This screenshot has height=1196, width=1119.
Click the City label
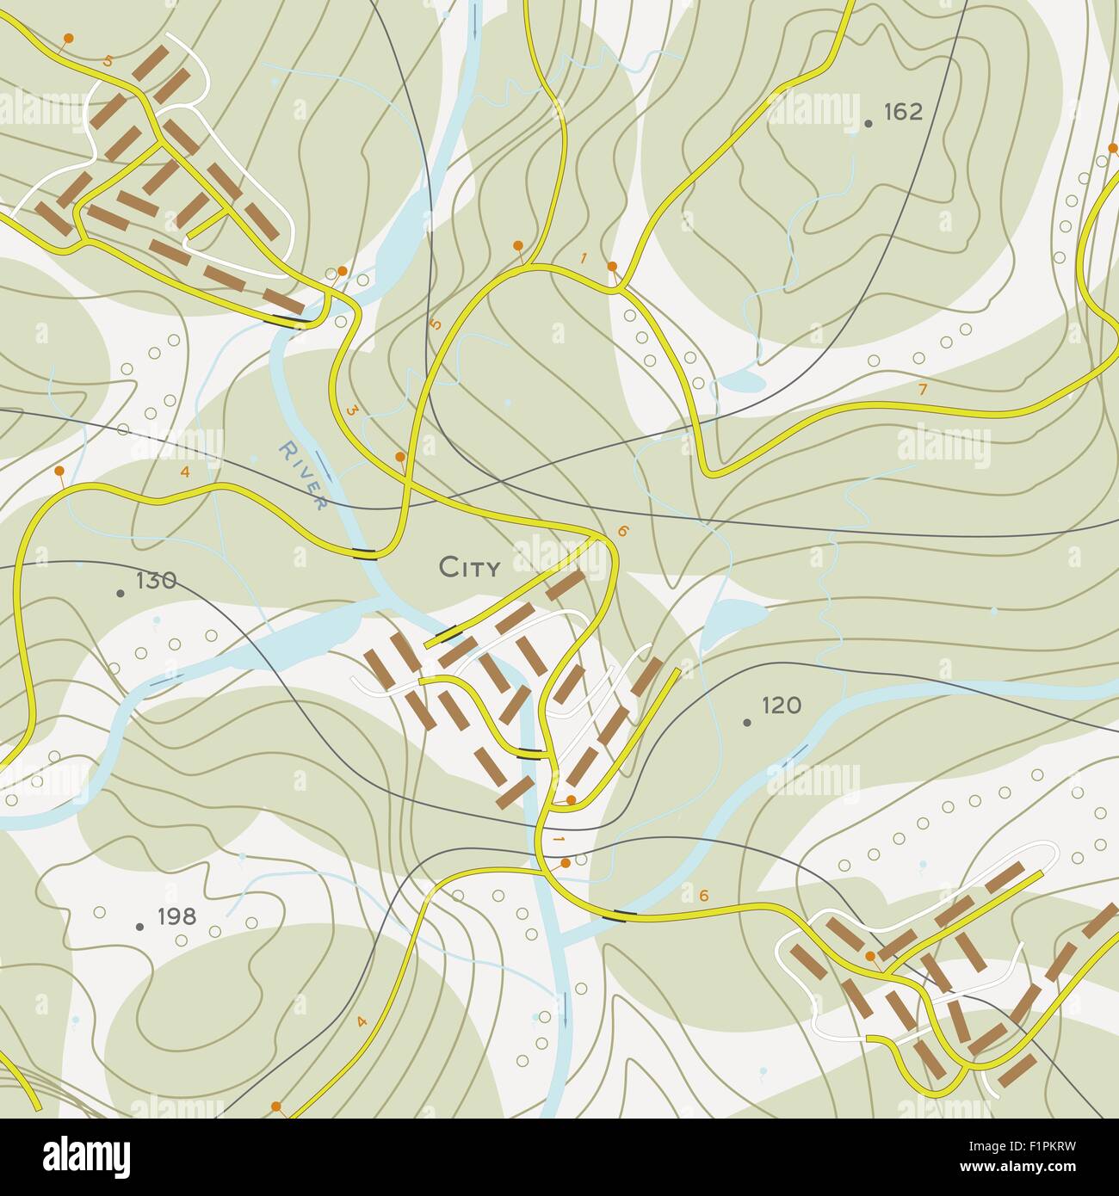tap(469, 568)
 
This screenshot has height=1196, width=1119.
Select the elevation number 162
tap(902, 112)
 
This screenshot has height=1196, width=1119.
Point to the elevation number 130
tap(156, 581)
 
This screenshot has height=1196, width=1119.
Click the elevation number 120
tap(782, 706)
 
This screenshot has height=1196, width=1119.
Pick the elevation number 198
tap(177, 916)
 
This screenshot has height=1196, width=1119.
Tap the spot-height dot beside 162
tap(869, 124)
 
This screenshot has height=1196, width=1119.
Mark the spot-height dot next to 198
tap(139, 927)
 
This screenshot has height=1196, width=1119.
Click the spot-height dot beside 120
tap(746, 722)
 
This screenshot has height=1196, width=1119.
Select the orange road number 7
tap(923, 390)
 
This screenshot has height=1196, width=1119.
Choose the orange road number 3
tap(351, 411)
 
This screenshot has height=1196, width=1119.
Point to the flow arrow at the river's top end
tap(474, 22)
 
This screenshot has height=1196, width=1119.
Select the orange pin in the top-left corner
tap(68, 39)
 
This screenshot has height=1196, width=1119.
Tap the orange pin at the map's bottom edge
tap(275, 1106)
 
